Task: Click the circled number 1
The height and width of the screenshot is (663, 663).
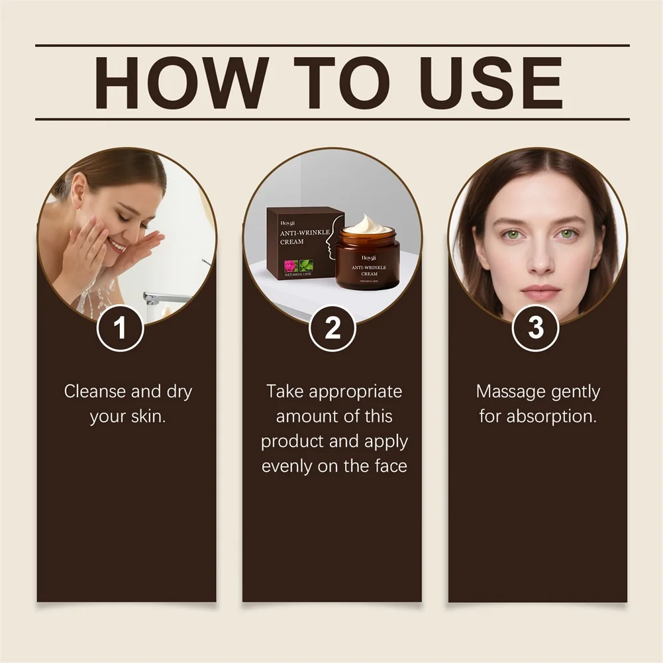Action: [120, 329]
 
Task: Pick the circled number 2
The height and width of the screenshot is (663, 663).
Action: [332, 329]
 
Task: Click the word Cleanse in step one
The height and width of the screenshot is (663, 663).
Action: [95, 391]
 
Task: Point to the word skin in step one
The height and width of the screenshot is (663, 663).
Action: [146, 417]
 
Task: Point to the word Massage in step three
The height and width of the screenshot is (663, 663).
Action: [510, 391]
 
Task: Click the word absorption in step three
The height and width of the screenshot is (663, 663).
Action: [551, 417]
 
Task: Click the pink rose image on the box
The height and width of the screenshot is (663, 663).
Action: [291, 266]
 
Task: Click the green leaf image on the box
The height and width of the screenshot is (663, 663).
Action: [307, 266]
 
